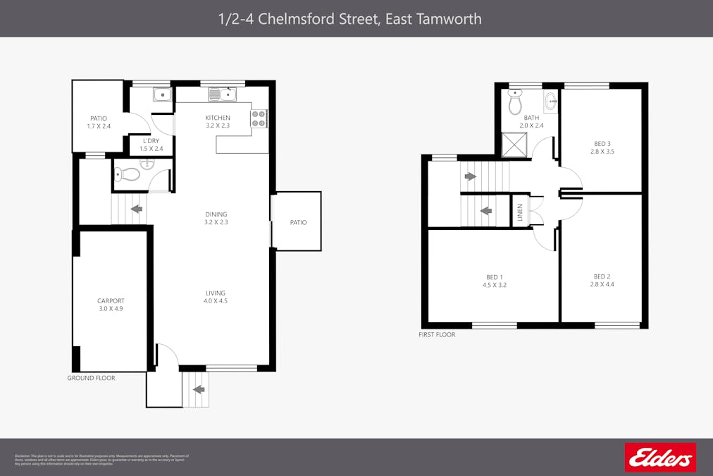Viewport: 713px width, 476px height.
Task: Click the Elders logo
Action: [660, 458]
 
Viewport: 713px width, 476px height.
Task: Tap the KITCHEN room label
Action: [218, 118]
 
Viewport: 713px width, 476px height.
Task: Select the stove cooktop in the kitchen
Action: [259, 118]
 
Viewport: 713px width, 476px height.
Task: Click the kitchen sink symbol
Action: [223, 94]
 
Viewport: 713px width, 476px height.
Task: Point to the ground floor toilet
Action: [128, 173]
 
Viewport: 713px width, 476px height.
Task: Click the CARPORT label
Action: [111, 301]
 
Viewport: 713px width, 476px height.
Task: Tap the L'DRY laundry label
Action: [151, 141]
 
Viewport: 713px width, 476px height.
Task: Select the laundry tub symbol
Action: [162, 94]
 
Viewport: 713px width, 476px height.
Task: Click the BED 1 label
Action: [495, 277]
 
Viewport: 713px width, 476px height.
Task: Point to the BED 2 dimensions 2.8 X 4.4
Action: [602, 285]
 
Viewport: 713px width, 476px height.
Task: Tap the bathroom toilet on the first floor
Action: [515, 103]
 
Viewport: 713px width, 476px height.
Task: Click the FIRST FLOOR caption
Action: [437, 335]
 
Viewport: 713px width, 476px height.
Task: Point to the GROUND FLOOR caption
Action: [91, 379]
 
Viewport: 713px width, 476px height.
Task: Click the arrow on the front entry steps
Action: [199, 389]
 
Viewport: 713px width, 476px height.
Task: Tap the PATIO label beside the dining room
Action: [298, 223]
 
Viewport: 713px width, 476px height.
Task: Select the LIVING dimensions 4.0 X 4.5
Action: [216, 301]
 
